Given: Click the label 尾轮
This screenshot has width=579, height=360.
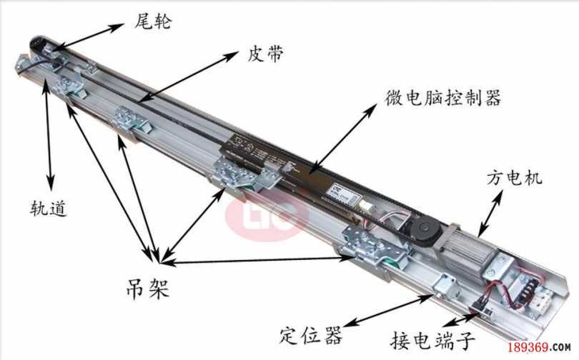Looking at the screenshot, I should coord(153,23).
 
